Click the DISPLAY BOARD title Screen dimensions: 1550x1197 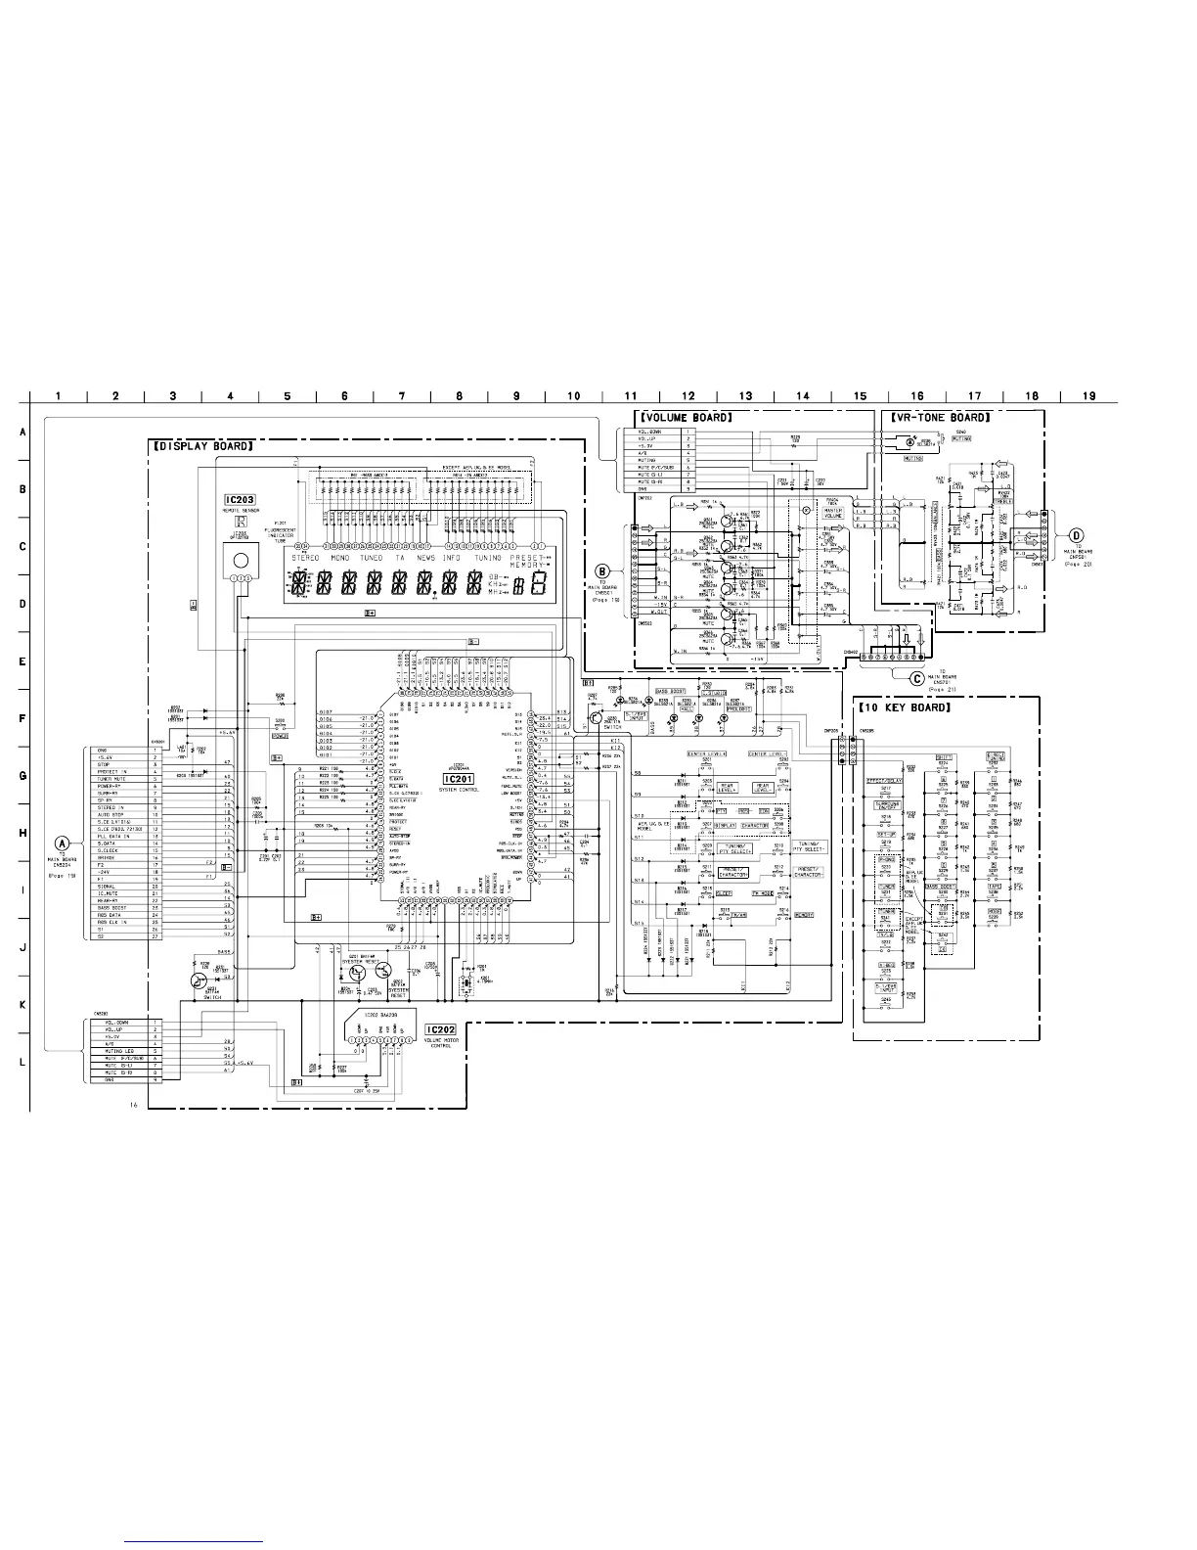(x=204, y=446)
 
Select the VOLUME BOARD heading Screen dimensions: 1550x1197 (x=685, y=417)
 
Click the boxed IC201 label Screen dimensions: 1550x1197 (x=457, y=778)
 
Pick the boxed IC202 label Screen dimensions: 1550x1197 (x=441, y=1030)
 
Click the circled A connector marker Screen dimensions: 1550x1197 (x=63, y=842)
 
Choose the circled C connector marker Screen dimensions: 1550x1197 (x=917, y=677)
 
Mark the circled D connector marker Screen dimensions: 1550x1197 (x=1076, y=535)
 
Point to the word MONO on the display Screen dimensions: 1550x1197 (x=339, y=558)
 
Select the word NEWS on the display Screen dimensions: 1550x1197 (x=425, y=558)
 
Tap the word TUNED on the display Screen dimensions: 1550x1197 (x=372, y=558)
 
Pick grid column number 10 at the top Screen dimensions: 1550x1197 (x=574, y=396)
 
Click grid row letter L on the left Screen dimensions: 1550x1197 (x=22, y=1063)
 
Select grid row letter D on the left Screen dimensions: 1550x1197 (x=22, y=604)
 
